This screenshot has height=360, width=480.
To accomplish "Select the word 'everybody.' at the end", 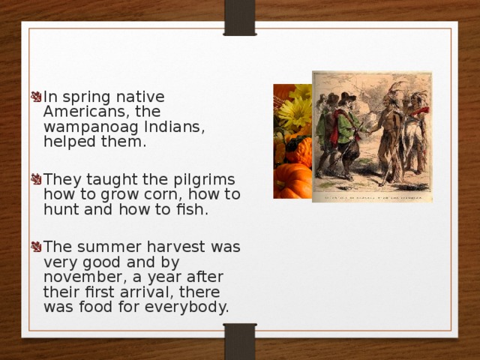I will (x=192, y=307).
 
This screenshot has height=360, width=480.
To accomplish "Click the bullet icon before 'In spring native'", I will (x=35, y=97).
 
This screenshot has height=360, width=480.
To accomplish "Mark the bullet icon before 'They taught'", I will (x=35, y=180).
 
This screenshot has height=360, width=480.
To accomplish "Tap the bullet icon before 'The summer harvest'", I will (x=35, y=247).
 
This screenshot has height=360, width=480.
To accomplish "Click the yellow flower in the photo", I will (x=294, y=112).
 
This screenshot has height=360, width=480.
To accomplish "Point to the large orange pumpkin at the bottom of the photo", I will (x=292, y=180).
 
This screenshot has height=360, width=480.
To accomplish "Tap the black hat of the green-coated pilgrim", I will (x=346, y=97).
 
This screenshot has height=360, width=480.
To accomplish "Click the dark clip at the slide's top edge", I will (x=240, y=16).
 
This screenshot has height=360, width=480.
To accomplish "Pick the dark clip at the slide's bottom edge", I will (x=240, y=342).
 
